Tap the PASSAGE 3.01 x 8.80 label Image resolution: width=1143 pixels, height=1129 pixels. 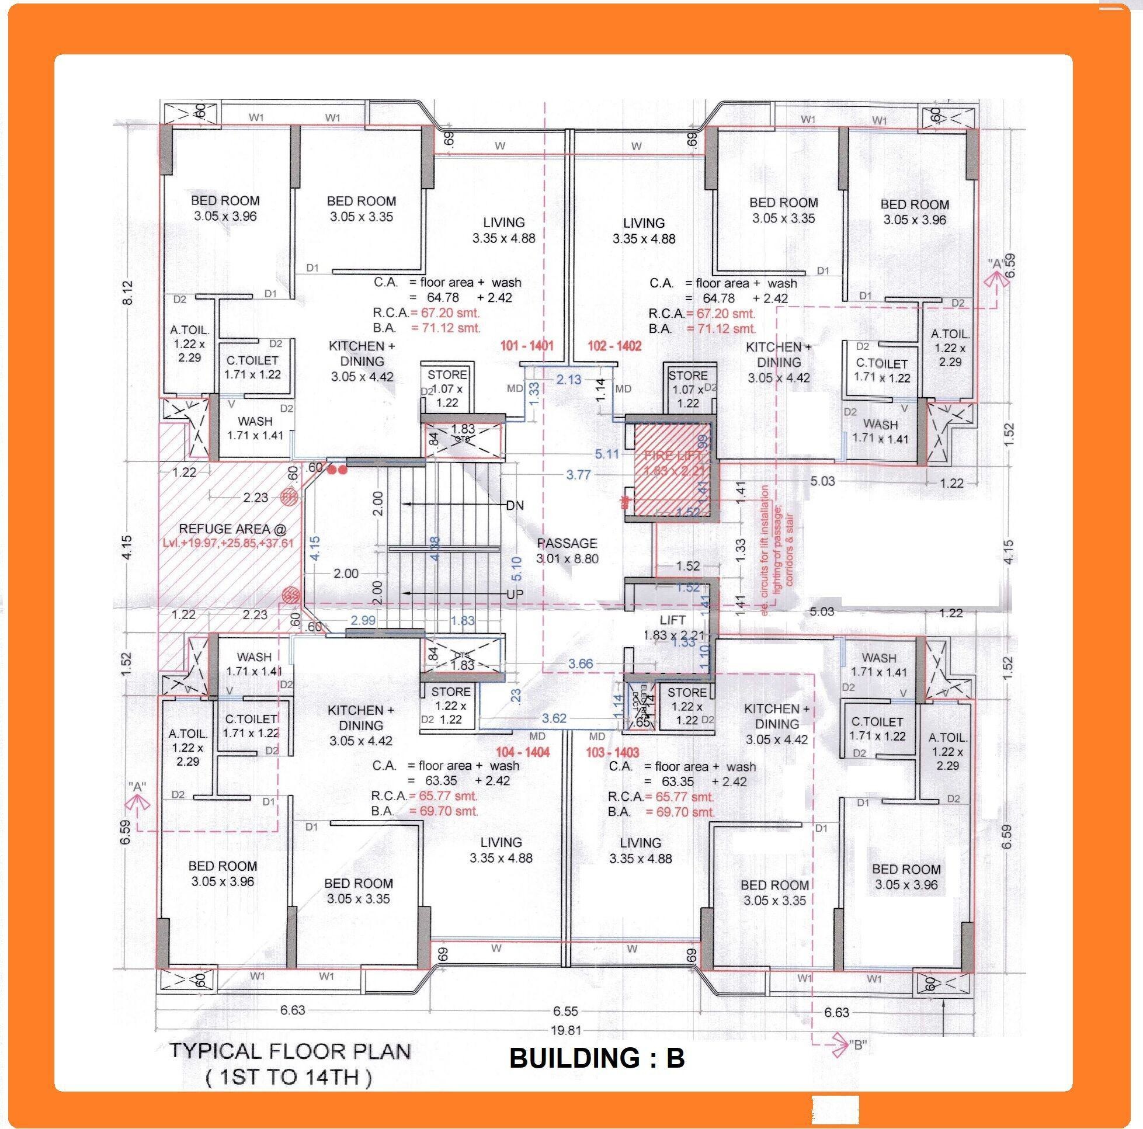567,550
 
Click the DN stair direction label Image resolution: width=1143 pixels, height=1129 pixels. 515,505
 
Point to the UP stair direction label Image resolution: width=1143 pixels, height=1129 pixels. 515,594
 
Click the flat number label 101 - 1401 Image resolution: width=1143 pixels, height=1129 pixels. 527,346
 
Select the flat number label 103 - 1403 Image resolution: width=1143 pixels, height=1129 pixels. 613,752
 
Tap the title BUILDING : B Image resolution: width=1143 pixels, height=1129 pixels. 596,1058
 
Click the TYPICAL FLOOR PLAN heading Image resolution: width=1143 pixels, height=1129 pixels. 290,1051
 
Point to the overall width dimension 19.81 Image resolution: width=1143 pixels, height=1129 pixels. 565,1030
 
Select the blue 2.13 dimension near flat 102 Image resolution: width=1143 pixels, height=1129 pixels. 568,379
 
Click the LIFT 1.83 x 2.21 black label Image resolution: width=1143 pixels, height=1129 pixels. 673,627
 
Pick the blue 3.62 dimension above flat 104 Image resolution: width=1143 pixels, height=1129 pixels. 554,718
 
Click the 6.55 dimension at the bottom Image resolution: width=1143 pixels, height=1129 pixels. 565,1011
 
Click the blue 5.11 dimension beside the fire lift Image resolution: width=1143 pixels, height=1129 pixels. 606,454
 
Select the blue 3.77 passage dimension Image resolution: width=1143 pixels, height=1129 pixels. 578,475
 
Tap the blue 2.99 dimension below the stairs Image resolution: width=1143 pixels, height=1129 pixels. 363,620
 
